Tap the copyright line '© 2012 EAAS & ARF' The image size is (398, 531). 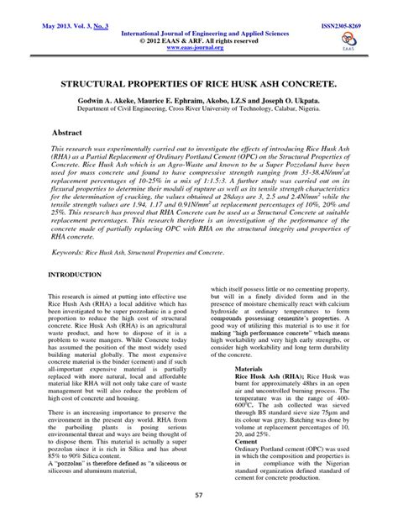[199, 39]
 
